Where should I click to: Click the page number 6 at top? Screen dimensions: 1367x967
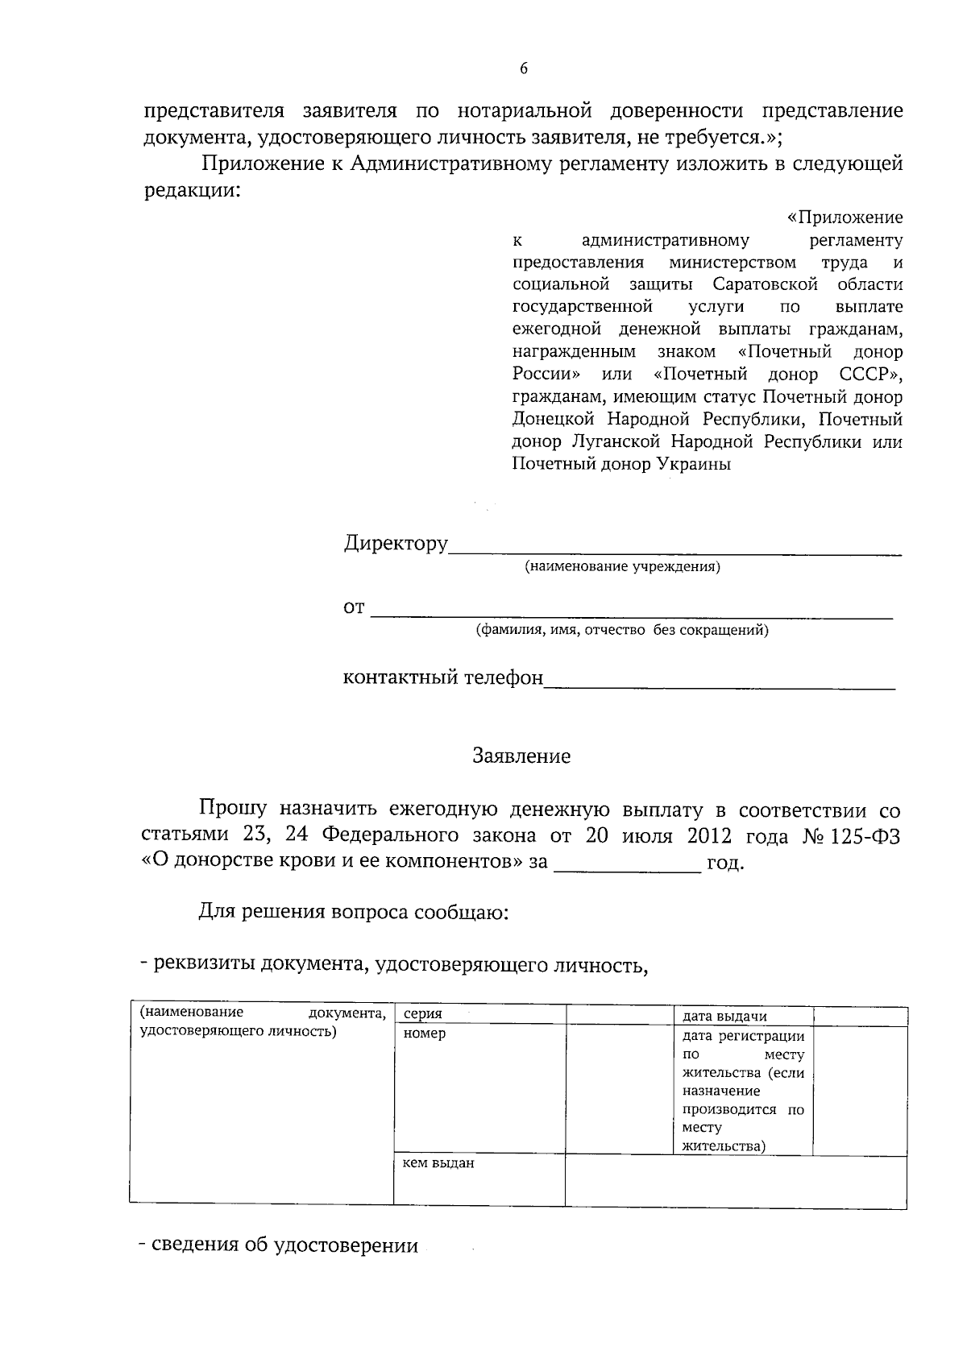pos(523,69)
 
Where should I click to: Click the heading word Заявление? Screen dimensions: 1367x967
pos(521,756)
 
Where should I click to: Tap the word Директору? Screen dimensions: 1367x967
pos(396,543)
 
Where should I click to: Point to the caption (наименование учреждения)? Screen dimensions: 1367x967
pos(622,567)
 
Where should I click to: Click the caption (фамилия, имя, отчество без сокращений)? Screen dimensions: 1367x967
pos(622,631)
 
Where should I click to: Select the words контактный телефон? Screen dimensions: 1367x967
pos(443,677)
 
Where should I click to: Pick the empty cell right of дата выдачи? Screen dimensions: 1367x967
pos(859,1015)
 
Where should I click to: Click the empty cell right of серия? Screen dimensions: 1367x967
pos(619,1015)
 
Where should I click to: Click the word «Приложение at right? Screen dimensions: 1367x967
pos(844,218)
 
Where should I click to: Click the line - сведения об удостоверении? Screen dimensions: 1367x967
pos(279,1246)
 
